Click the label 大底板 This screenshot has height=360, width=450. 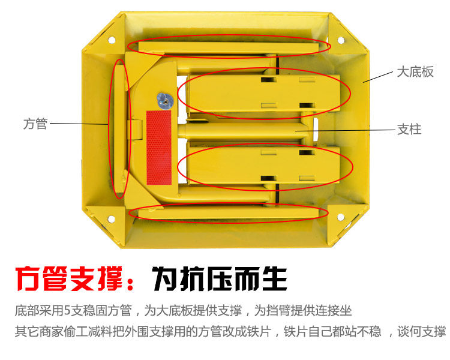click(415, 73)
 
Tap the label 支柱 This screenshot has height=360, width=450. click(409, 129)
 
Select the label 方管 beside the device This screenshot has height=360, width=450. click(35, 124)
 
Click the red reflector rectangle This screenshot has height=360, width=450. click(159, 147)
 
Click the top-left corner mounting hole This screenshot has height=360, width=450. click(111, 40)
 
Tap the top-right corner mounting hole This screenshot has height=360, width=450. click(341, 40)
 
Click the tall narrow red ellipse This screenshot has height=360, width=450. click(118, 128)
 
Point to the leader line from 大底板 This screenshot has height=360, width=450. click(378, 77)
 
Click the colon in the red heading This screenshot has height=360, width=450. click(134, 279)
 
